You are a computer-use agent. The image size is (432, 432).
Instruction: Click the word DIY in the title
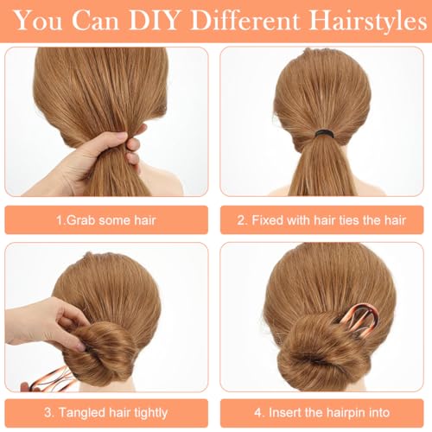pos(154,21)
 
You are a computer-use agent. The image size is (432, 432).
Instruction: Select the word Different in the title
pos(245,21)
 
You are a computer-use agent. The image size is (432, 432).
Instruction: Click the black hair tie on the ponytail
pos(325,134)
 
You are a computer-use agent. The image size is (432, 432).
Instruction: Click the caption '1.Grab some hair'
pos(106,220)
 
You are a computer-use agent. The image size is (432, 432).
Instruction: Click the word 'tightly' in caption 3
pos(151,413)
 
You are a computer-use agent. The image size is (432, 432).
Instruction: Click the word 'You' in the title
pos(38,21)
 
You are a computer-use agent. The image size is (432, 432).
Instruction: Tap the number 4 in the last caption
pos(257,413)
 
